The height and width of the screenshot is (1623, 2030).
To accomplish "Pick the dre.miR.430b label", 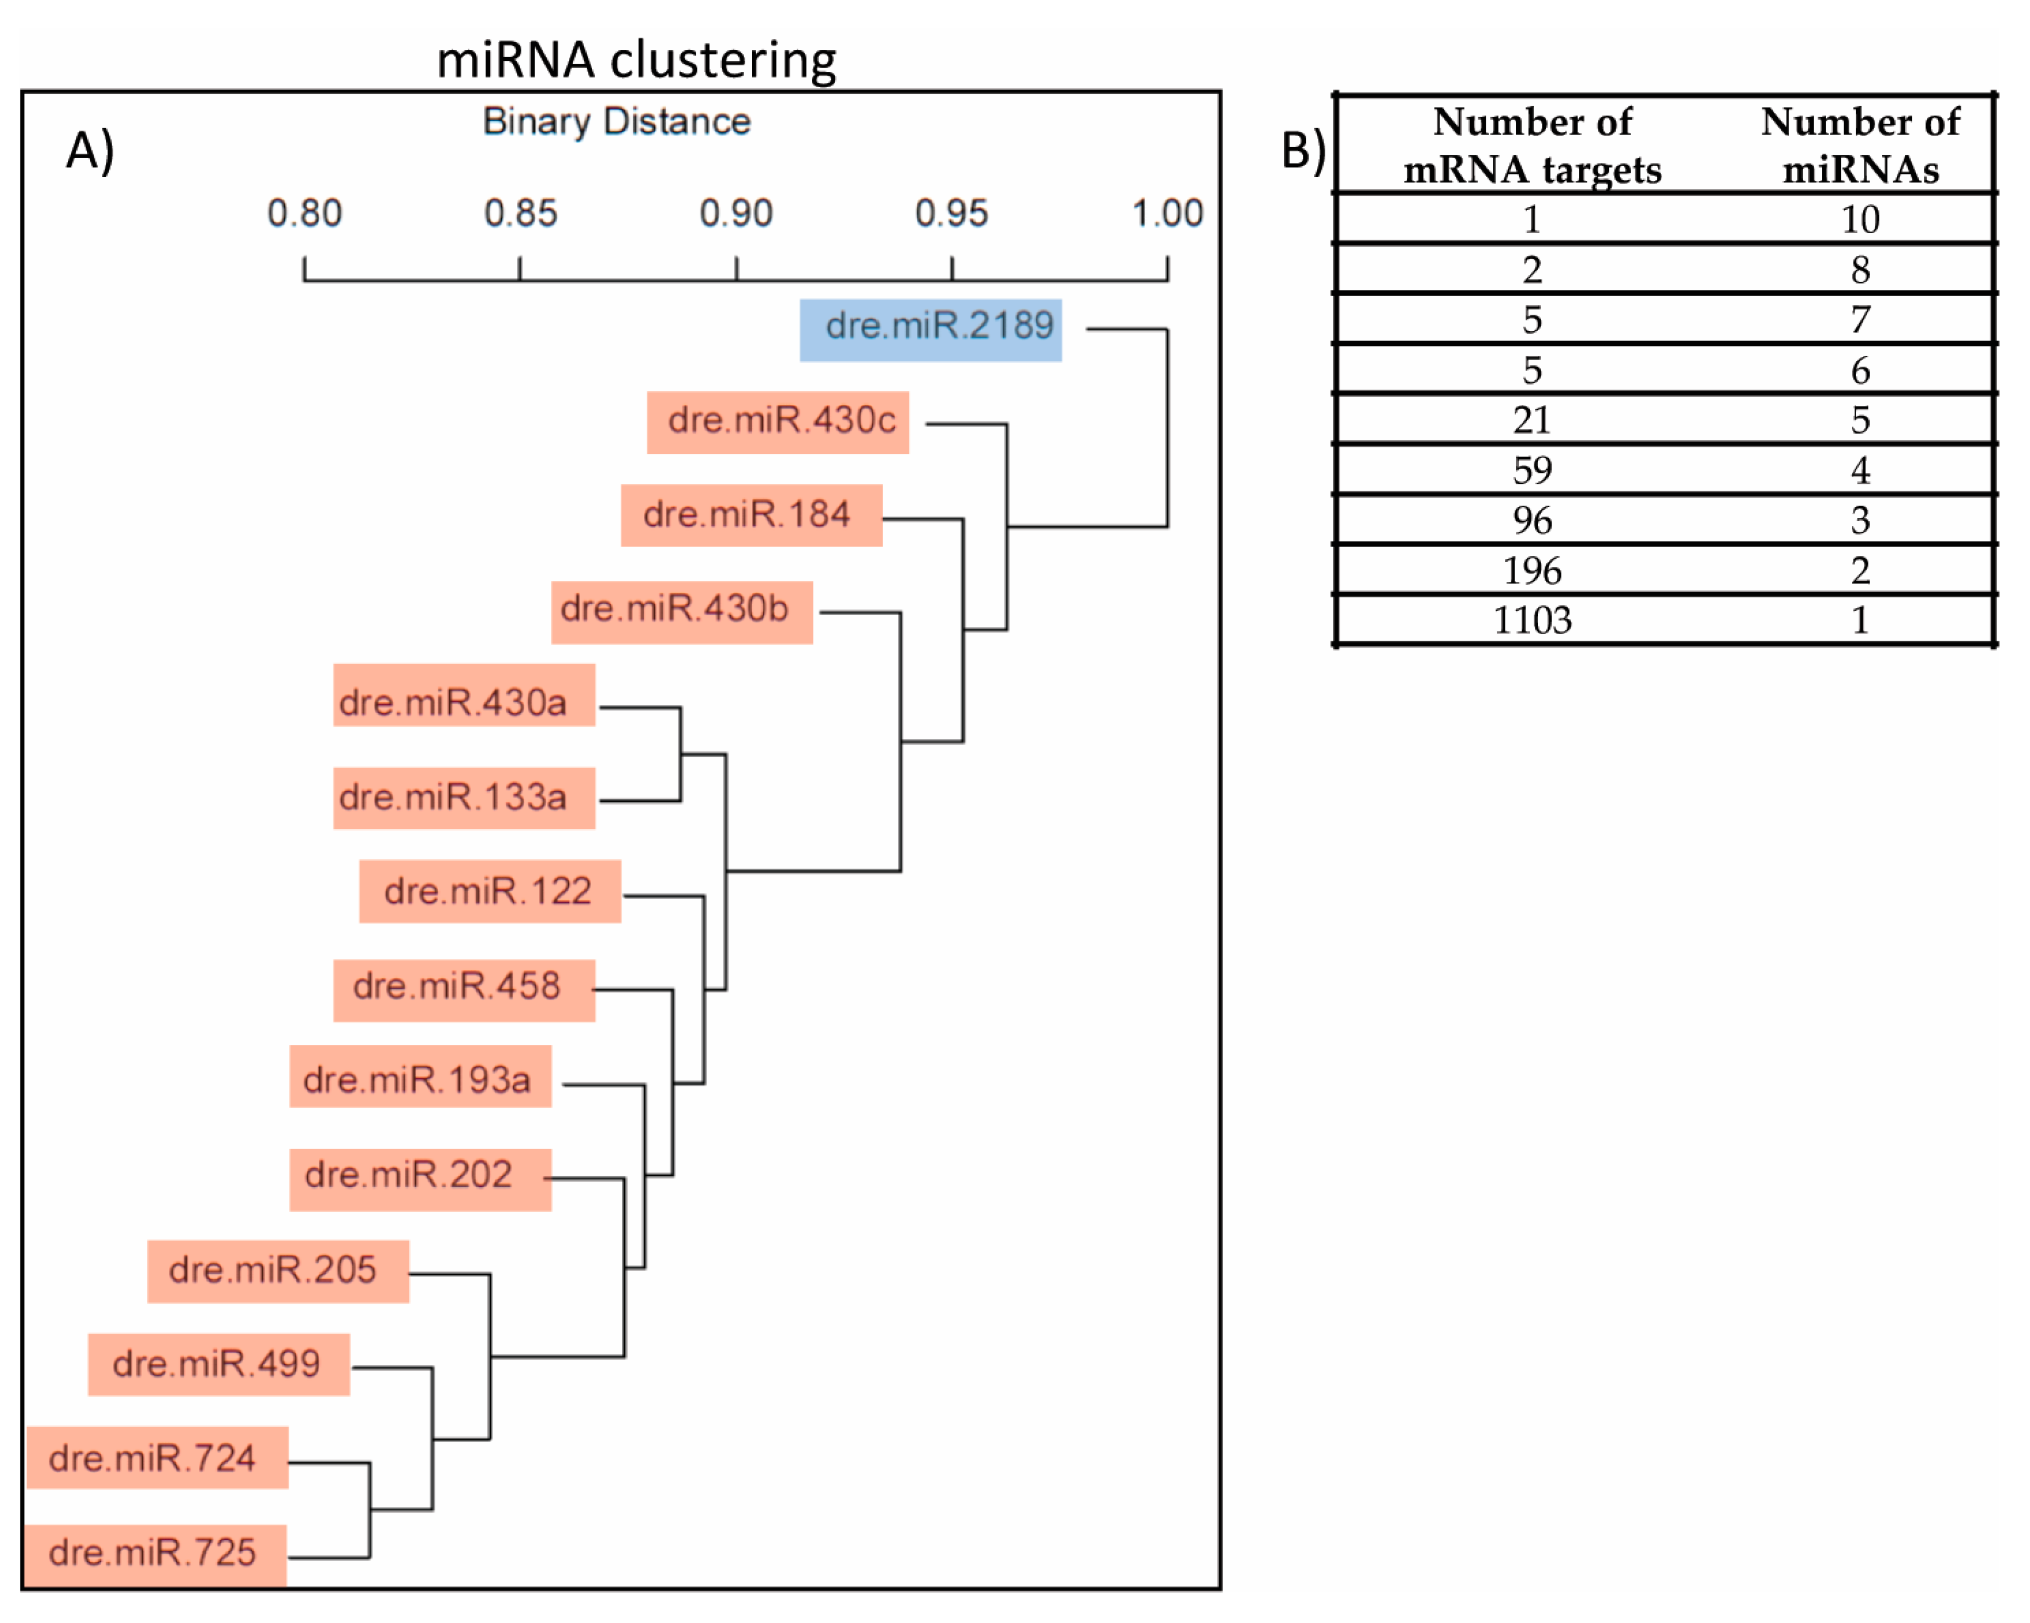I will [682, 611].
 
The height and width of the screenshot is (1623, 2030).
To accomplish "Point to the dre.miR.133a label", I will [463, 798].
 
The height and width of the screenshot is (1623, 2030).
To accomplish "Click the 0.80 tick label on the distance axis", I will [304, 214].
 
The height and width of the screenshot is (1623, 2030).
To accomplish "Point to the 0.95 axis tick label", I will [951, 214].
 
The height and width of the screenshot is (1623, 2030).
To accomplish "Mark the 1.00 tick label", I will [1166, 214].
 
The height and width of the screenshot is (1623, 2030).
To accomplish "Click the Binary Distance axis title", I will [617, 121].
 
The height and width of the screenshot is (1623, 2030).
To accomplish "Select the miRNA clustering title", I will [636, 59].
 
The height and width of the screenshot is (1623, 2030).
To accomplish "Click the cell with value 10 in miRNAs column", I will [1859, 220].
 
